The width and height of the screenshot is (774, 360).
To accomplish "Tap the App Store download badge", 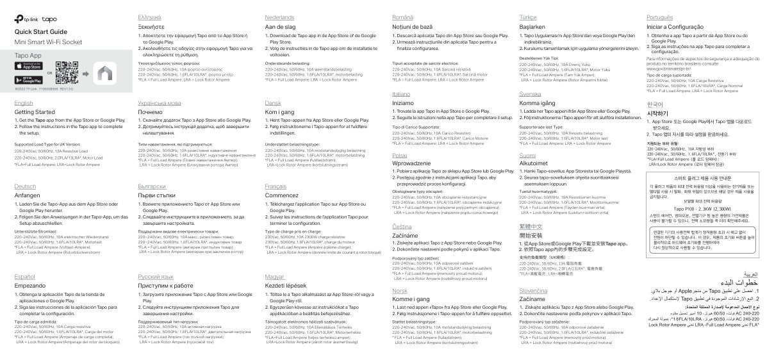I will pyautogui.click(x=27, y=66).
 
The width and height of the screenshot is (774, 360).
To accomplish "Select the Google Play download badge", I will pyautogui.click(x=27, y=80).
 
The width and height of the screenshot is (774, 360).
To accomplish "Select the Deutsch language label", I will pyautogui.click(x=25, y=186).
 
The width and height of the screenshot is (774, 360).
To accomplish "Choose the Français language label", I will pyautogui.click(x=276, y=186).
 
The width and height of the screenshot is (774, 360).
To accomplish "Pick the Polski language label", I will pyautogui.click(x=399, y=155).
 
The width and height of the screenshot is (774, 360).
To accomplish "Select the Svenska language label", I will pyautogui.click(x=530, y=94).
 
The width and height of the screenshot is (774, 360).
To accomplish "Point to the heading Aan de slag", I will pyautogui.click(x=281, y=28).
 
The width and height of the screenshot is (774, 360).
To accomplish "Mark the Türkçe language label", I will pyautogui.click(x=529, y=17).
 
